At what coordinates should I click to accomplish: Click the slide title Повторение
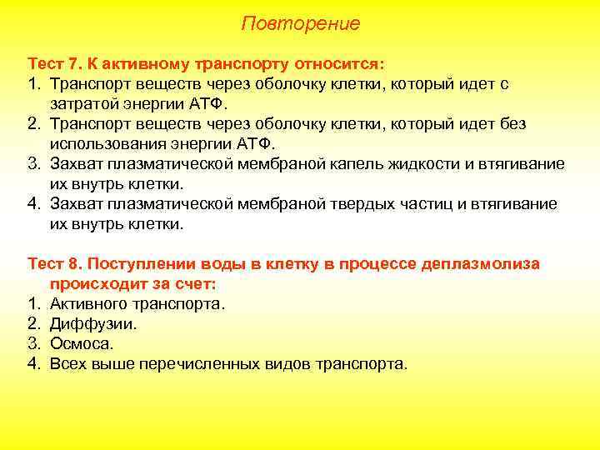pyautogui.click(x=300, y=23)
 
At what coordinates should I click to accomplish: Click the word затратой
pyautogui.click(x=83, y=104)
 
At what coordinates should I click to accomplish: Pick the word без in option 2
pyautogui.click(x=513, y=124)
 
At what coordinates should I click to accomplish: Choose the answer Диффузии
pyautogui.click(x=94, y=324)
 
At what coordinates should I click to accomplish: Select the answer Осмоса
pyautogui.click(x=82, y=344)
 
